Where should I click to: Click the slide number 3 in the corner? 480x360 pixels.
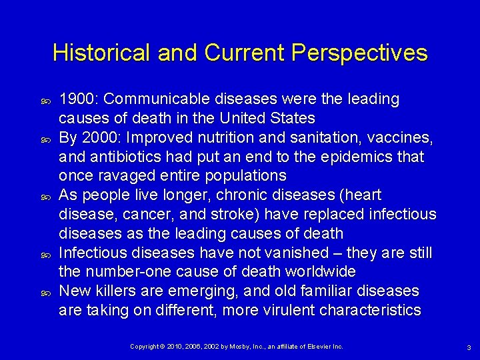(x=469, y=347)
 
